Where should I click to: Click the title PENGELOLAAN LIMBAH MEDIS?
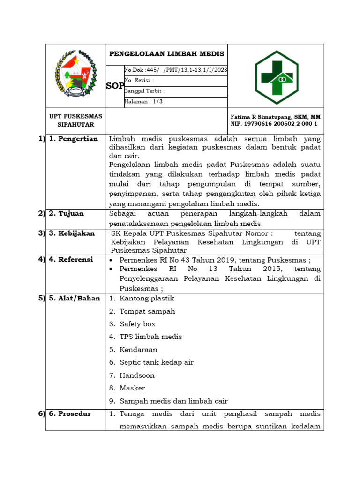coord(166,54)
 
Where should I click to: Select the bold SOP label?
coord(115,86)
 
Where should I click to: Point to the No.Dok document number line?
coord(175,70)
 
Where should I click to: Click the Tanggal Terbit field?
coord(144,91)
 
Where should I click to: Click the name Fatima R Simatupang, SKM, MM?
coord(276,117)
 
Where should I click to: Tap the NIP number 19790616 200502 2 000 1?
coord(274,124)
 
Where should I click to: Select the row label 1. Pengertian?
coord(74,139)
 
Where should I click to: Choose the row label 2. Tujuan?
coord(67,213)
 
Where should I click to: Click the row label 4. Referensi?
coord(71,259)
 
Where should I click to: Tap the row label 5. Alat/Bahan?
coord(75,298)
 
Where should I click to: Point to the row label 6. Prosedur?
coord(70,413)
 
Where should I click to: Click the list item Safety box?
coord(137,324)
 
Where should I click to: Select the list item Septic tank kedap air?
coord(156,362)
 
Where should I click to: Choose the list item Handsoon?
coord(137,375)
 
